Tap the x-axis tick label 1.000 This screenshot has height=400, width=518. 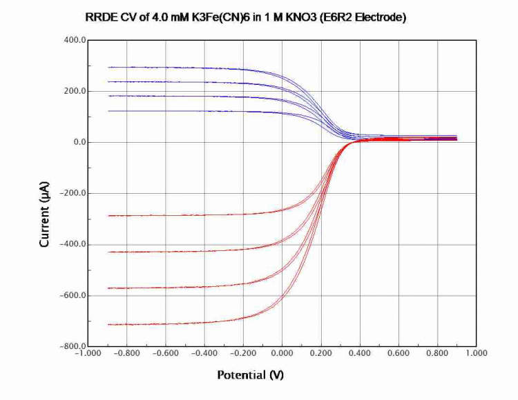477,353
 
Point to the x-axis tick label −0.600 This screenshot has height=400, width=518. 165,353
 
